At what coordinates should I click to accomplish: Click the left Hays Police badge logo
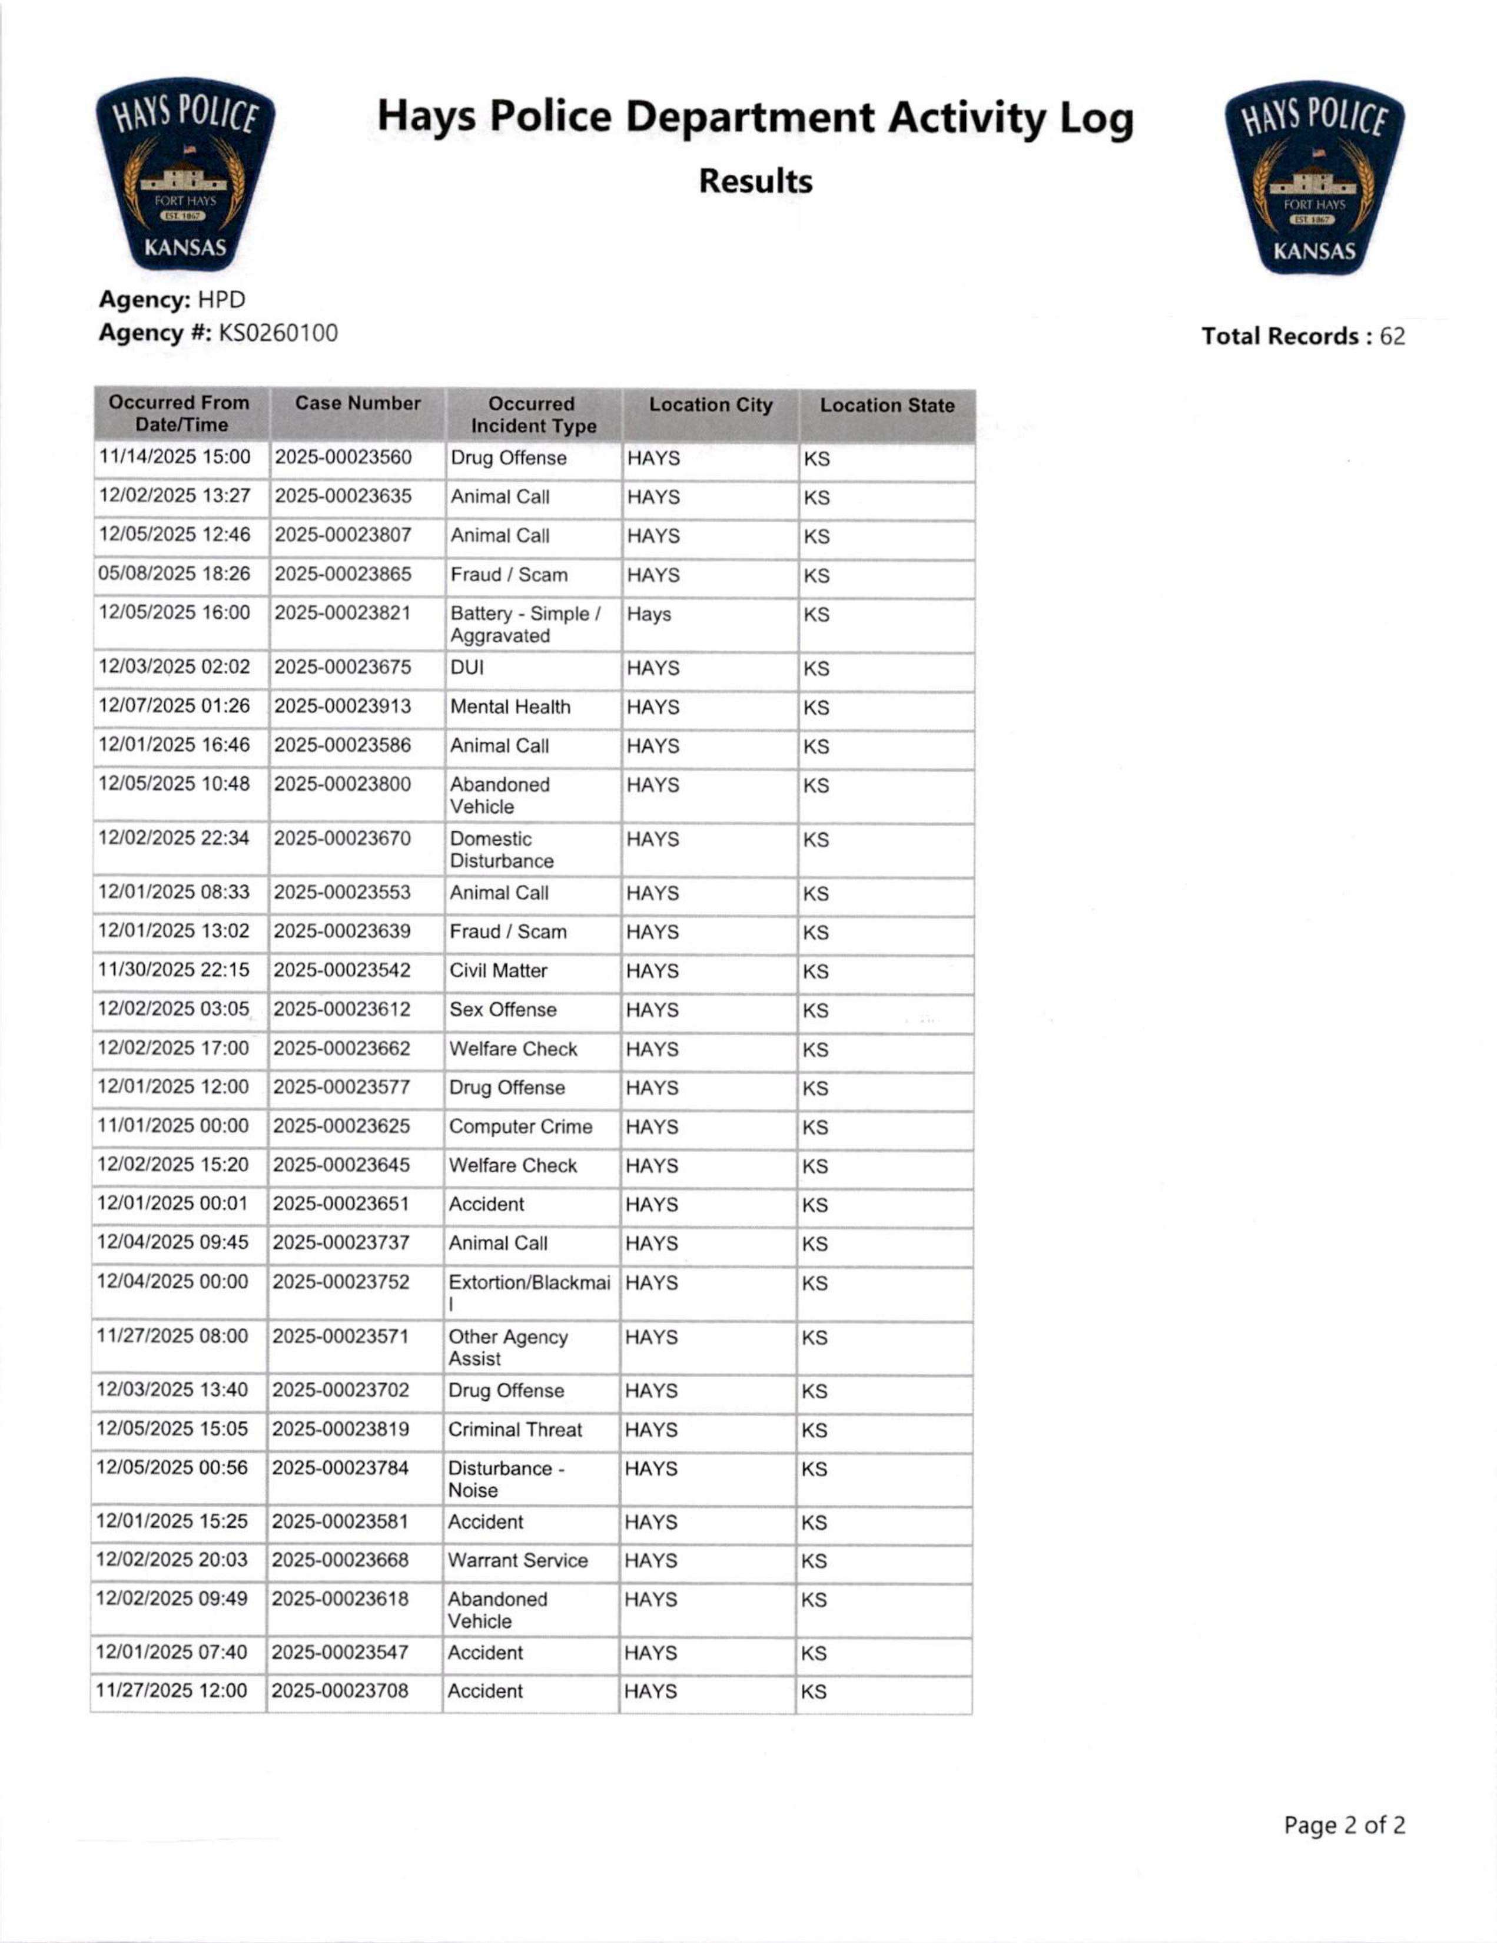185,174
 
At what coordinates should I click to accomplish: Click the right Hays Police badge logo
1314,178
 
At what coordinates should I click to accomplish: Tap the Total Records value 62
1392,336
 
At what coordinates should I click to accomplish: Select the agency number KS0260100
277,333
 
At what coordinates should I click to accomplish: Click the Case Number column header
357,403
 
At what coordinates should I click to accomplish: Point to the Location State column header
887,406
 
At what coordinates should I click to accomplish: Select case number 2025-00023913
343,707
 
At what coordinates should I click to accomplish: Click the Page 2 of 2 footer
1344,1826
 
